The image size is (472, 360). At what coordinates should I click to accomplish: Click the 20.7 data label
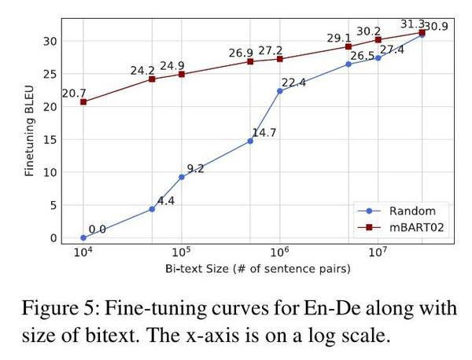tap(74, 93)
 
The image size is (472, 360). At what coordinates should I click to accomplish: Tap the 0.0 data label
tap(97, 230)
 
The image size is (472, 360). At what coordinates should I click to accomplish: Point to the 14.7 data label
tap(264, 133)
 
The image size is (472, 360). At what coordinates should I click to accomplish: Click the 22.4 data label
tap(293, 83)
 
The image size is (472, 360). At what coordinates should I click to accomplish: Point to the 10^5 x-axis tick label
tap(182, 252)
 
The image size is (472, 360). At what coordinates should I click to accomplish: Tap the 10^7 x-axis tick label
tap(378, 252)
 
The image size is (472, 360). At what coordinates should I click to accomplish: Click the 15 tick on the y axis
tap(51, 139)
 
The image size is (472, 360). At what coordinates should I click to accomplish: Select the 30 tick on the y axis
tap(51, 41)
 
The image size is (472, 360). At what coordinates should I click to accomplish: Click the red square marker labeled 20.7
tap(83, 101)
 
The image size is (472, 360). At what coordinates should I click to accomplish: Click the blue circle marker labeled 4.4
tap(152, 209)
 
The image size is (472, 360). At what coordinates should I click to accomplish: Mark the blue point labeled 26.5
tap(348, 64)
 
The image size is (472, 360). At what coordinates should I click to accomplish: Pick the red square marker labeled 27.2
tap(280, 59)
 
